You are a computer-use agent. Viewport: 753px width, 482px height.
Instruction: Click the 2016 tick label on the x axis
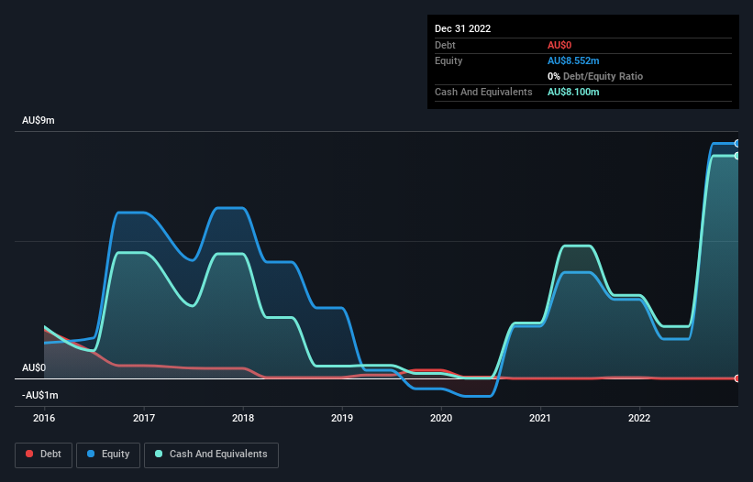coord(44,418)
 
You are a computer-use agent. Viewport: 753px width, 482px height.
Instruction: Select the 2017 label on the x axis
coord(143,418)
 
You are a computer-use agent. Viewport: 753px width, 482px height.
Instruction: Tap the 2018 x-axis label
coord(243,418)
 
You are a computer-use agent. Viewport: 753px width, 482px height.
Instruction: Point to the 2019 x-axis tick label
coord(342,418)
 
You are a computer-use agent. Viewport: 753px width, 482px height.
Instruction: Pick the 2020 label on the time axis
coord(441,418)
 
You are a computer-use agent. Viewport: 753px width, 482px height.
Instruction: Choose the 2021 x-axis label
coord(540,418)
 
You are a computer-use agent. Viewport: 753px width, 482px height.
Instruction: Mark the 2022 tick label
coord(639,418)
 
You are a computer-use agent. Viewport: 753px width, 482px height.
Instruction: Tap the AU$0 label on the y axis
coord(35,367)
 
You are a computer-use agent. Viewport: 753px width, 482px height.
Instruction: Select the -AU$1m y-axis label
coord(39,395)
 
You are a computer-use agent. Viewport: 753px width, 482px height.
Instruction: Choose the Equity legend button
coord(108,454)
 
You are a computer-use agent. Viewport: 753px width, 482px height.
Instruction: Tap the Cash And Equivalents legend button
coord(211,454)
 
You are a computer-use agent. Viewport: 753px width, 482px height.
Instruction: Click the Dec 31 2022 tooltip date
coord(462,28)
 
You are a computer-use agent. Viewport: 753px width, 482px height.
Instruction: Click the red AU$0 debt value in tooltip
coord(560,45)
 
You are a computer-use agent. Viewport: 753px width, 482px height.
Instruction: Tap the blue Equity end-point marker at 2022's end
coord(737,144)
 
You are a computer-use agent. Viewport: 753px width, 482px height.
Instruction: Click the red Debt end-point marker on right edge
coord(737,378)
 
